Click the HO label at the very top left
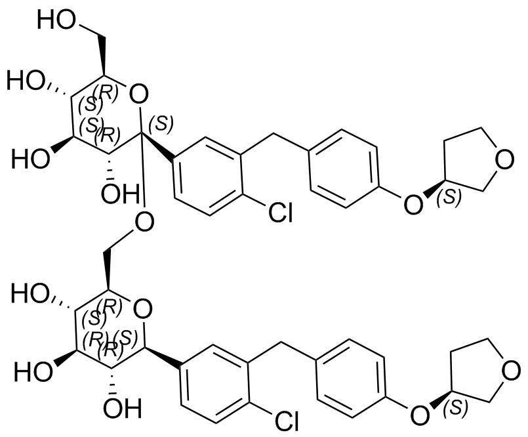click(x=56, y=20)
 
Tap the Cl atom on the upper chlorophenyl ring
click(x=281, y=213)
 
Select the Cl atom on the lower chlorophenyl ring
click(x=287, y=421)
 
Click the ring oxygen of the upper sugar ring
click(x=138, y=94)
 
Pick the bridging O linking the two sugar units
click(x=144, y=222)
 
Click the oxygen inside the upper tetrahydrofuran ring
click(x=505, y=159)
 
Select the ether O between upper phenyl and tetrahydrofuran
click(x=413, y=205)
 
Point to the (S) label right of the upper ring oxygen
click(x=161, y=123)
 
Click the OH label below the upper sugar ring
click(x=120, y=194)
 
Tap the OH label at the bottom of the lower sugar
click(x=122, y=408)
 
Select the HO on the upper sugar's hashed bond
click(x=26, y=81)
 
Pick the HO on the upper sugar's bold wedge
click(x=30, y=159)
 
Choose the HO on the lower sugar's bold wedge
click(x=33, y=372)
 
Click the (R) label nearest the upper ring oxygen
click(x=106, y=92)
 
